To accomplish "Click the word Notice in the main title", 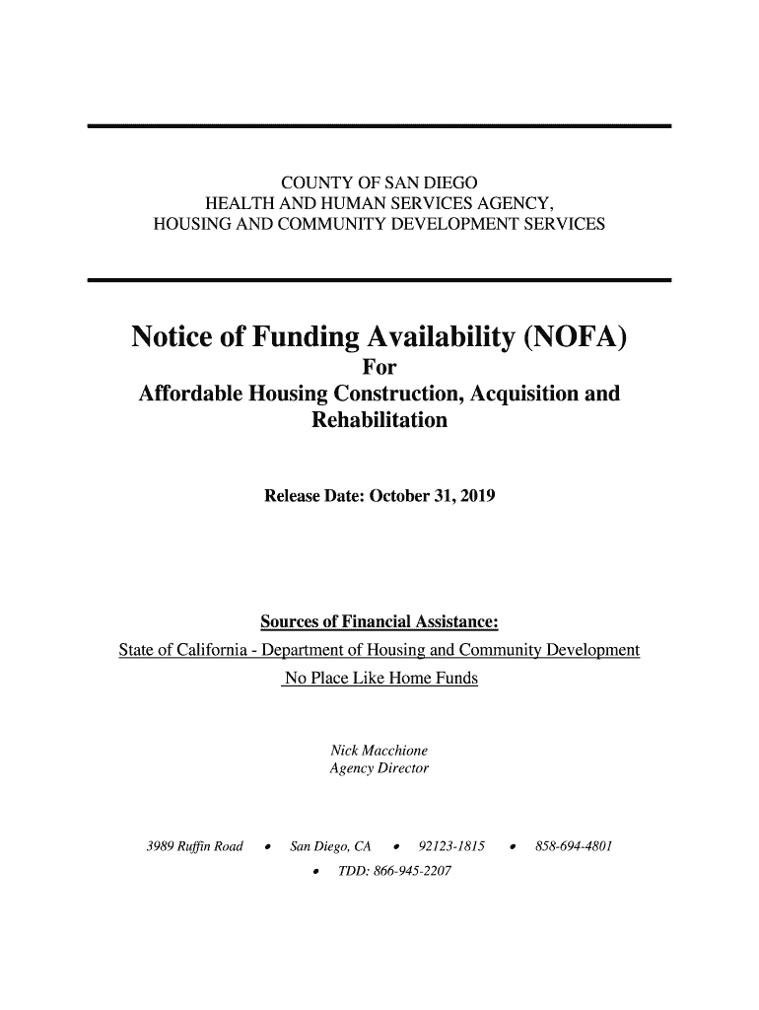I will pyautogui.click(x=174, y=340).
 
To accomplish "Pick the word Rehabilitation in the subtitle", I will pyautogui.click(x=379, y=421).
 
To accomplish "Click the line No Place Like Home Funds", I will pyautogui.click(x=379, y=680).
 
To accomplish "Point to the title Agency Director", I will pyautogui.click(x=379, y=767).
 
